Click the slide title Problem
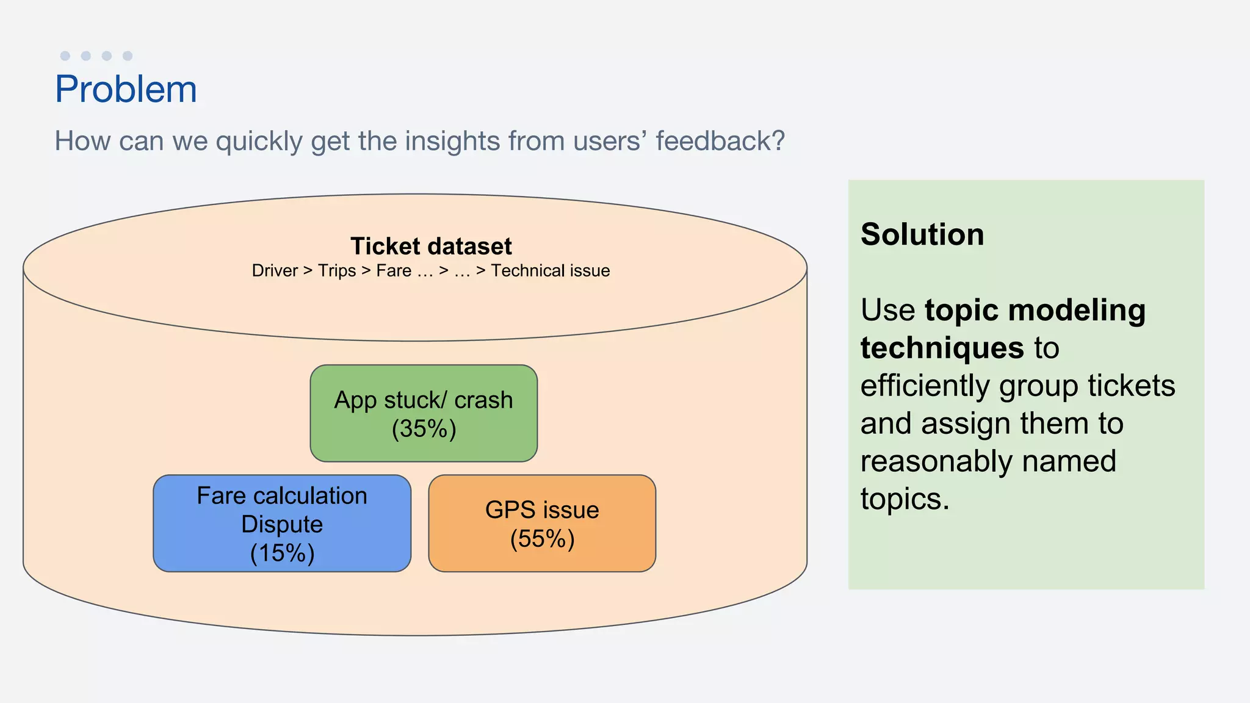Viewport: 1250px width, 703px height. (x=126, y=89)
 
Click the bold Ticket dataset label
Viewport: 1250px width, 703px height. (x=431, y=247)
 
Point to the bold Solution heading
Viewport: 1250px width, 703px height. (x=922, y=234)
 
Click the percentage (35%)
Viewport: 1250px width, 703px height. (x=424, y=428)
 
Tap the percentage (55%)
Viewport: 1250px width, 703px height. (x=542, y=539)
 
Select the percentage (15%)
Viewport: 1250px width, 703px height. (x=282, y=553)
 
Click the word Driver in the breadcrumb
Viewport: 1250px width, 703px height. (x=275, y=271)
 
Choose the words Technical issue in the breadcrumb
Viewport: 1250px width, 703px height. (x=550, y=271)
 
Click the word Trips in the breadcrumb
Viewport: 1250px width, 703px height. (x=337, y=271)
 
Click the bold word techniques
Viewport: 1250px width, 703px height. (x=942, y=348)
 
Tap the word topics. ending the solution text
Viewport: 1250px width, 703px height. (x=905, y=499)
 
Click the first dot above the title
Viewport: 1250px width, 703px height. (x=65, y=56)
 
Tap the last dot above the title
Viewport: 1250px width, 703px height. (x=128, y=56)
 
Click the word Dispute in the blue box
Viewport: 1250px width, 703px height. (x=282, y=524)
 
